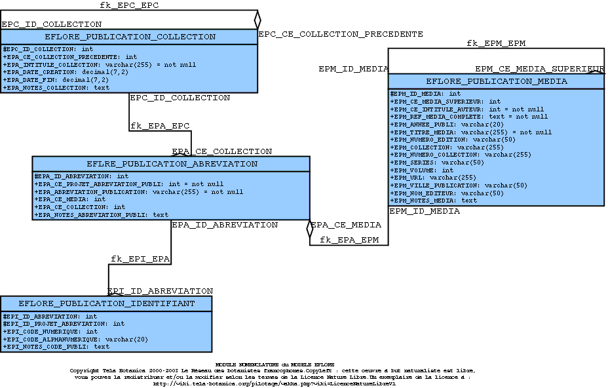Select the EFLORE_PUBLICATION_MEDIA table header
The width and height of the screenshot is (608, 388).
click(496, 81)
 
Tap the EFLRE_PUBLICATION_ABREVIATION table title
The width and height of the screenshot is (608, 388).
click(172, 164)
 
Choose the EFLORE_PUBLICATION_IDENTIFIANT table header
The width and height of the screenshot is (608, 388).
click(106, 303)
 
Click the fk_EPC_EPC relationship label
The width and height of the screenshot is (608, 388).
click(129, 5)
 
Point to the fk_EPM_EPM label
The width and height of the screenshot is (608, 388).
click(496, 43)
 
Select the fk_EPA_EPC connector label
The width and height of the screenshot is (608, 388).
click(160, 125)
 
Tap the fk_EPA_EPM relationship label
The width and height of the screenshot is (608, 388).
click(349, 240)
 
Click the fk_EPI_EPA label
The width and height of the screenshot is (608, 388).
click(140, 259)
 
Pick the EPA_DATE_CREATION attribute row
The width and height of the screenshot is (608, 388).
click(66, 72)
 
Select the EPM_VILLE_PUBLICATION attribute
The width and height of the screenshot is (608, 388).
click(459, 185)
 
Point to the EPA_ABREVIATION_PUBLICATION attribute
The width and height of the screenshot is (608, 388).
click(138, 192)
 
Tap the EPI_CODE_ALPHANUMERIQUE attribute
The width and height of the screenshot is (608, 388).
click(75, 339)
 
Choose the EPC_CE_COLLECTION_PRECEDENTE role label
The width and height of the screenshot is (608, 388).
click(341, 33)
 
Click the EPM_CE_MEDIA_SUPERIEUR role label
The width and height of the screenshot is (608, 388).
click(539, 69)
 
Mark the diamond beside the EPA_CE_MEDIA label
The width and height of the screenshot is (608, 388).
click(310, 229)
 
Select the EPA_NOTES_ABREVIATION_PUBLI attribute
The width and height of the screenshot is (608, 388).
click(102, 214)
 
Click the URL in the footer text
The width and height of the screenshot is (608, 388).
click(274, 384)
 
